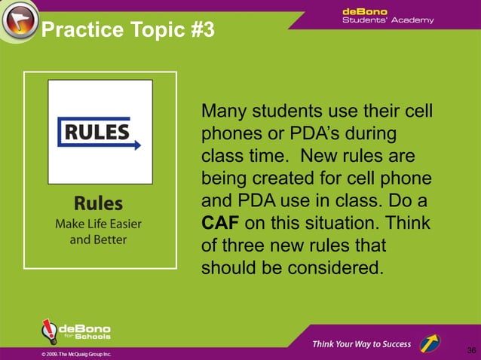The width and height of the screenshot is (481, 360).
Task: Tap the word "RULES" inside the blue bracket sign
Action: [96, 132]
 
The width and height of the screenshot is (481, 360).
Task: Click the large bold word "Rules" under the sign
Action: [98, 203]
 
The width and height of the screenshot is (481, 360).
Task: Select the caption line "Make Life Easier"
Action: [98, 224]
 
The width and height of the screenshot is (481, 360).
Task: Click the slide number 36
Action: [471, 350]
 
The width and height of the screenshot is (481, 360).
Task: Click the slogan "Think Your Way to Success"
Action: [362, 344]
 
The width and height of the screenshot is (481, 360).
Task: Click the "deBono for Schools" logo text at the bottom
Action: [84, 332]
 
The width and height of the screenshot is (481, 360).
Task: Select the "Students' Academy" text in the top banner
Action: [388, 20]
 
